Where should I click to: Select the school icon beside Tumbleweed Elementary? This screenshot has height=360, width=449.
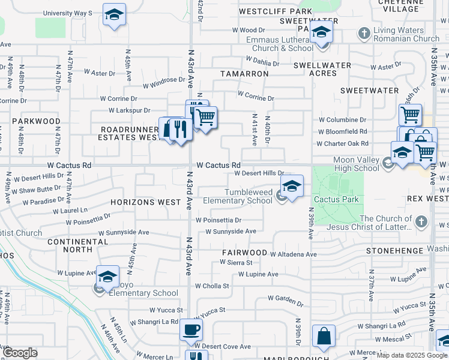click(292, 186)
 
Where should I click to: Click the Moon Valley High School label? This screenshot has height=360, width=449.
click(357, 164)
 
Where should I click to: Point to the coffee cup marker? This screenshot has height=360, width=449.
click(191, 329)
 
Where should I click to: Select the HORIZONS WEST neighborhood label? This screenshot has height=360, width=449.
click(145, 202)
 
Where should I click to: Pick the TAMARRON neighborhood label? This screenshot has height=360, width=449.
click(244, 73)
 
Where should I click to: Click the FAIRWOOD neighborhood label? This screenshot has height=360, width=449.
click(244, 253)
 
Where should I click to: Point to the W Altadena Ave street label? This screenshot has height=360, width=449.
click(293, 254)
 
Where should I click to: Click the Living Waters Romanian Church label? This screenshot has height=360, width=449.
click(406, 35)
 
